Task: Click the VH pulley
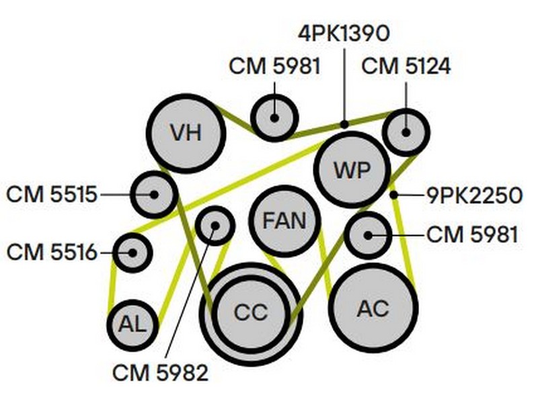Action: click(185, 132)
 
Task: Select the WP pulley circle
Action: click(352, 169)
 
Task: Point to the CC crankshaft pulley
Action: click(251, 312)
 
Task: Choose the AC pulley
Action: click(373, 308)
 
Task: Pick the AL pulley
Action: click(132, 325)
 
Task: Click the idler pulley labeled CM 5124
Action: click(406, 132)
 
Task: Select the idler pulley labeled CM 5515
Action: click(154, 194)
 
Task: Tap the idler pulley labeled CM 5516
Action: click(132, 253)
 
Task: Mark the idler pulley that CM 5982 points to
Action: click(215, 224)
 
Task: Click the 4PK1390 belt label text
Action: click(344, 32)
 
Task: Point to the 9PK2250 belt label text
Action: click(474, 195)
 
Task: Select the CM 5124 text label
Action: click(406, 66)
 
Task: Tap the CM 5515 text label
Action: click(52, 195)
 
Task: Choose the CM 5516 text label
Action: click(52, 253)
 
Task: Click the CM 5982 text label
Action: click(161, 372)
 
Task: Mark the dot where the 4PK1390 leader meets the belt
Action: click(344, 124)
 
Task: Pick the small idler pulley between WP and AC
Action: click(367, 234)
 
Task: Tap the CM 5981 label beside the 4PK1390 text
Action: click(274, 66)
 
